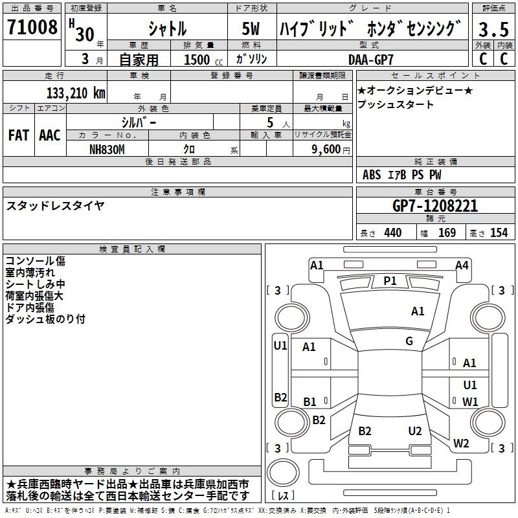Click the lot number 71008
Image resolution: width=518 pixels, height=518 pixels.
32,28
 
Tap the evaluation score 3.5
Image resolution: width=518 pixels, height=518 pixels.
493,29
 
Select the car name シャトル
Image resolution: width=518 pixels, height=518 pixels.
168,29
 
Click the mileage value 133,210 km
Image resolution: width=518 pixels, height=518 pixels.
76,93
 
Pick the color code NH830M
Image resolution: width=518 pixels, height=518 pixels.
108,148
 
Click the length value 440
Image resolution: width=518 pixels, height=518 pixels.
392,232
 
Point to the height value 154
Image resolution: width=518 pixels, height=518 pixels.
499,232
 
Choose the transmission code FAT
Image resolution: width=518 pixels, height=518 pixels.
18,135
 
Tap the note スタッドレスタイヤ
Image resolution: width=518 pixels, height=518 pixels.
55,206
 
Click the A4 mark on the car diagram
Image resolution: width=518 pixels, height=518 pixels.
462,265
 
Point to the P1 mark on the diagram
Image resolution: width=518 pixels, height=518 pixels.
390,280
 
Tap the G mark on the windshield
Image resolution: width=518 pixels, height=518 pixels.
409,341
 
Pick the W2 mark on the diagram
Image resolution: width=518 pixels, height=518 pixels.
461,444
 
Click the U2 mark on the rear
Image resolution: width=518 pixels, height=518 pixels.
415,431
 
